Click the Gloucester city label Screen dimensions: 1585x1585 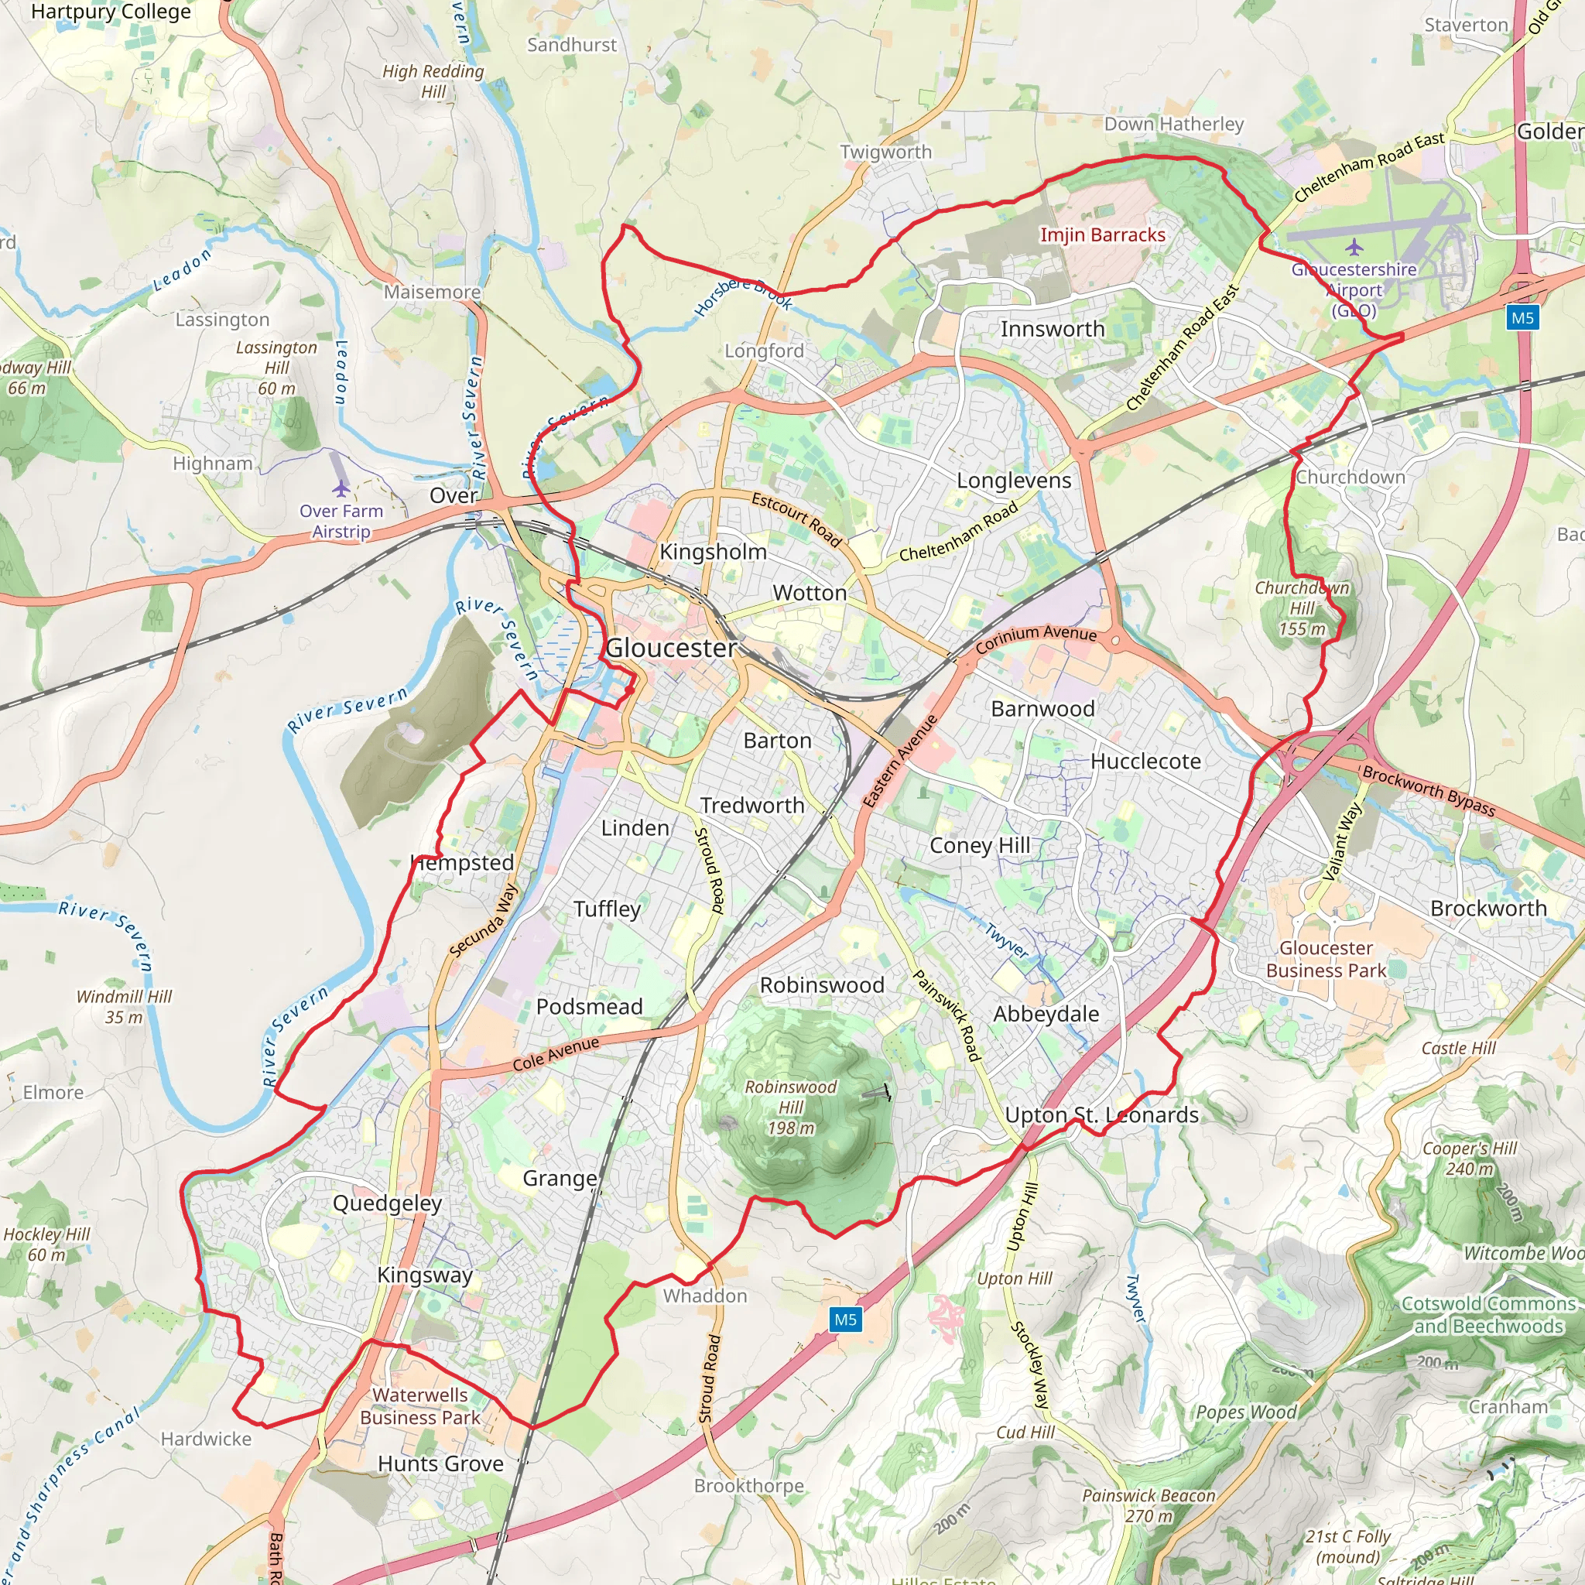(671, 648)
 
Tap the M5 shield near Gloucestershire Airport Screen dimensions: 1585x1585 (1522, 318)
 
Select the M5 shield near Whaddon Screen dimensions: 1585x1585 (845, 1320)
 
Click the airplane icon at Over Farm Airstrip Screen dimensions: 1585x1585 (341, 489)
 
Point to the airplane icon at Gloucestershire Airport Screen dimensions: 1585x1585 (1354, 247)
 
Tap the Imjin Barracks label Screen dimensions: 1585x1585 (1103, 235)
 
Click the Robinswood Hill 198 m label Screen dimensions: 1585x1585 (790, 1107)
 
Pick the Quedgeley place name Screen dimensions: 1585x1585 (387, 1203)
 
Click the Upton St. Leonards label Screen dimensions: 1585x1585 (1102, 1115)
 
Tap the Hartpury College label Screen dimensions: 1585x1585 (111, 12)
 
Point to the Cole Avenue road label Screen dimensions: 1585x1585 (556, 1054)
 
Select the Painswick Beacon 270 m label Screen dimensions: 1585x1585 (1148, 1505)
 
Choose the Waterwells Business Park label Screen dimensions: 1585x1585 (420, 1406)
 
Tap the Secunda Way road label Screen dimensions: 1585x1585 (484, 920)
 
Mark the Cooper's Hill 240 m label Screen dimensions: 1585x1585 (1470, 1159)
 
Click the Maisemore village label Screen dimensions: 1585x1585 (433, 292)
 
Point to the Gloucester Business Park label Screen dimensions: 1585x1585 (1326, 959)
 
